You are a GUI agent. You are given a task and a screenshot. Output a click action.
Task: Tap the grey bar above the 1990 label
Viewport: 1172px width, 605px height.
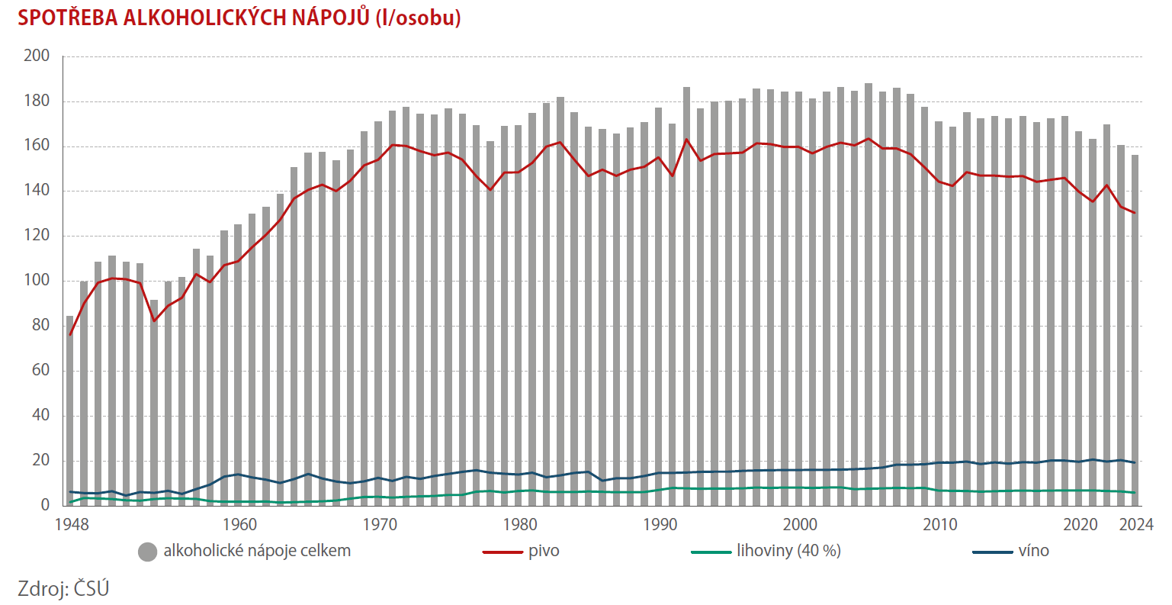pos(659,305)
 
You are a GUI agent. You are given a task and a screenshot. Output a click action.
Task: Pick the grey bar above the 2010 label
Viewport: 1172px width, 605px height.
pos(939,313)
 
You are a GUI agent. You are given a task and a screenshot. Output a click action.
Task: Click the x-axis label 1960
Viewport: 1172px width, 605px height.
pos(239,525)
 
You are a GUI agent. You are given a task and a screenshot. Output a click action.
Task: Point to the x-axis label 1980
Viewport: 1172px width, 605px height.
pos(520,525)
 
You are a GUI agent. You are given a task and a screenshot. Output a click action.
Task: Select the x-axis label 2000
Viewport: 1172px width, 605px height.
pos(800,525)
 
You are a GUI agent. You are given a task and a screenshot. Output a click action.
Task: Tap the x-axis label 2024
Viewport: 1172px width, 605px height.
pos(1135,525)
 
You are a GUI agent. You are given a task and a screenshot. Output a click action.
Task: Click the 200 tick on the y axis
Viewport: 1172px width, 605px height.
pos(37,56)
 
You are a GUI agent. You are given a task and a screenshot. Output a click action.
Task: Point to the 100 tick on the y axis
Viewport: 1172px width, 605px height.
pos(37,281)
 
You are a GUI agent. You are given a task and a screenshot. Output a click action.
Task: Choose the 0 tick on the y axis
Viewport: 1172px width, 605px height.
pos(45,505)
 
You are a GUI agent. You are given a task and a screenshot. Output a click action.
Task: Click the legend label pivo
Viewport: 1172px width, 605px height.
pos(544,551)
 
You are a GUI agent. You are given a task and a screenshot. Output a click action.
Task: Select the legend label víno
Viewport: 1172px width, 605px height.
pos(1033,551)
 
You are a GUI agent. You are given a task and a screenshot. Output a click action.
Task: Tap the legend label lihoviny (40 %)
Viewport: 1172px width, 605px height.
pos(788,551)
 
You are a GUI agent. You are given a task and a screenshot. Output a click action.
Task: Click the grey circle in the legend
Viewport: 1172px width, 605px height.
pos(147,552)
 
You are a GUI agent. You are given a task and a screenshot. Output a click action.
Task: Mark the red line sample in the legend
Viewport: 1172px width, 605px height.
pos(503,552)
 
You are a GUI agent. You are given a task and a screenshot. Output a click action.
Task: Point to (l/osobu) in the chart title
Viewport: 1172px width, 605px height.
pos(419,18)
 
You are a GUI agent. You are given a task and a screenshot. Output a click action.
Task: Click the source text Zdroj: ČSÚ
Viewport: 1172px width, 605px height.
pos(63,588)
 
